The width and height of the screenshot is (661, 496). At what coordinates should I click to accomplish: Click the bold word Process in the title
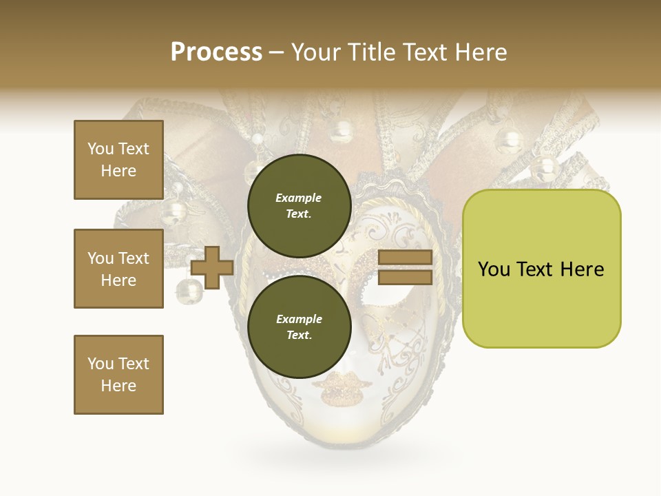pos(216,52)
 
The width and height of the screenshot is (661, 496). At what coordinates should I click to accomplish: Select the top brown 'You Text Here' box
pos(118,160)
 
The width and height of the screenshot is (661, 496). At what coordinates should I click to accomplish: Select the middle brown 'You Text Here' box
pos(118,269)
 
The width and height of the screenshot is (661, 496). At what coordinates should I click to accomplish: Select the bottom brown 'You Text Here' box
pos(118,374)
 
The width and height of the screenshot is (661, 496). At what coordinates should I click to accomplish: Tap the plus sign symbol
pos(212,267)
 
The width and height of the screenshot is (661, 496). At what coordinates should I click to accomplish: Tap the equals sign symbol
pos(405,267)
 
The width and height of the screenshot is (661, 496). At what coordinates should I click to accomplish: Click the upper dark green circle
pos(300,205)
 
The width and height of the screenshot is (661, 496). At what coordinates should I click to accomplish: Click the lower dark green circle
pos(300,327)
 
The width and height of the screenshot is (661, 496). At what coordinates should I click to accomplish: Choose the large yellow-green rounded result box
pos(541,269)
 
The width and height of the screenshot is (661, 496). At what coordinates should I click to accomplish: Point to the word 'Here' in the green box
pos(582,269)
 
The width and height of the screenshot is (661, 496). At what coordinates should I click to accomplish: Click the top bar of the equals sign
pos(405,258)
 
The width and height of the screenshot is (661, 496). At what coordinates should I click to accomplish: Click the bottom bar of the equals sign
pos(405,277)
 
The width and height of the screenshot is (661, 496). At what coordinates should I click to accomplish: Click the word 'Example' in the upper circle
pos(299,198)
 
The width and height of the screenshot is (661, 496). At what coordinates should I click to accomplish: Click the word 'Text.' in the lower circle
pos(299,335)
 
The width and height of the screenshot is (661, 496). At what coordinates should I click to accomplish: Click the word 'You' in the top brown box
pos(100,149)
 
